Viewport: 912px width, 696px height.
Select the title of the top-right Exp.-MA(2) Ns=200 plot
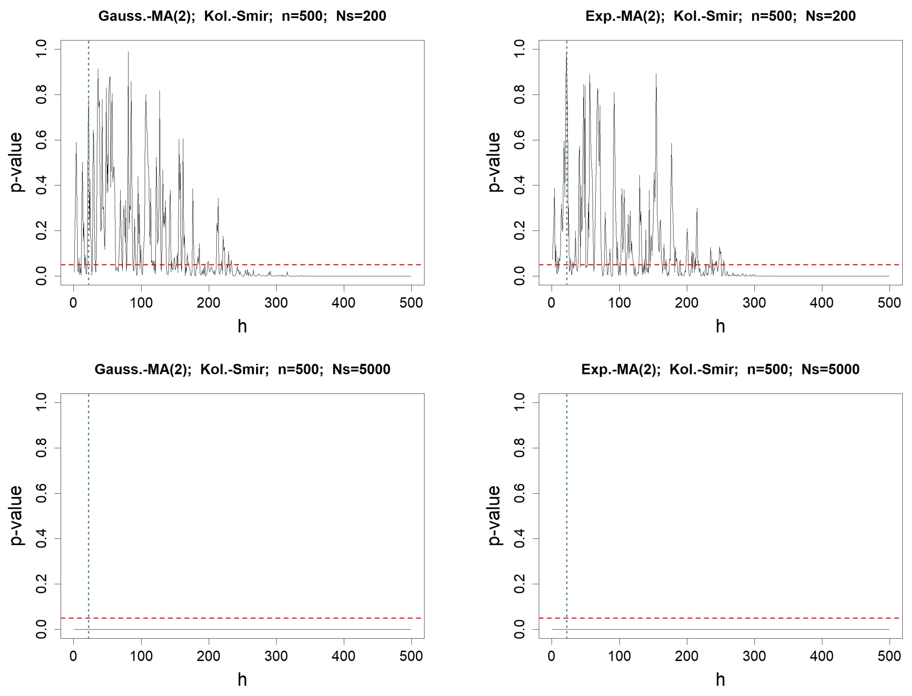point(720,16)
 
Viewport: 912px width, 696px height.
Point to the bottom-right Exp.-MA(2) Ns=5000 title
point(720,369)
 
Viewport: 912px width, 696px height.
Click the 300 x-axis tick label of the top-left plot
point(276,303)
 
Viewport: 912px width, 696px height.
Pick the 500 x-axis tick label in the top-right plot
point(889,303)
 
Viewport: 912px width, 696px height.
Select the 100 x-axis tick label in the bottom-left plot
point(141,656)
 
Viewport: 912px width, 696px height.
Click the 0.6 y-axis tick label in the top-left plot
point(41,140)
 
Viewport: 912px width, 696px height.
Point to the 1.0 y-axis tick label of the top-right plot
point(520,49)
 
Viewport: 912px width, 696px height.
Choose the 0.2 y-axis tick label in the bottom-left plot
point(41,584)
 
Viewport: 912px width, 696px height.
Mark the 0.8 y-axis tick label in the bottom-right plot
point(520,448)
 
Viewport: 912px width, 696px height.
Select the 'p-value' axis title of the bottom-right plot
point(494,516)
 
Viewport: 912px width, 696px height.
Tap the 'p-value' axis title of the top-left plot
point(16,163)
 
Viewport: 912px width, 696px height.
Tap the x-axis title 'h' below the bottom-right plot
point(720,680)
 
